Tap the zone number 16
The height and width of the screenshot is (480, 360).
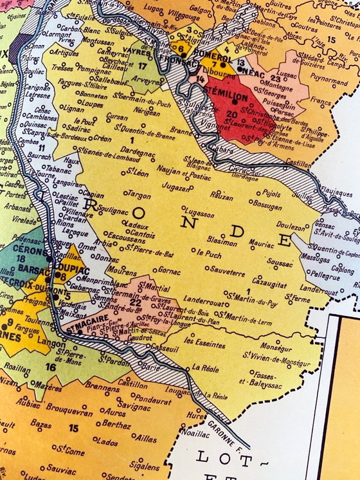click(x=50, y=367)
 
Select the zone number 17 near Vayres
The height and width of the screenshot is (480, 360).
click(x=143, y=65)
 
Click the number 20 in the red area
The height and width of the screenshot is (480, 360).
click(x=232, y=114)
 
